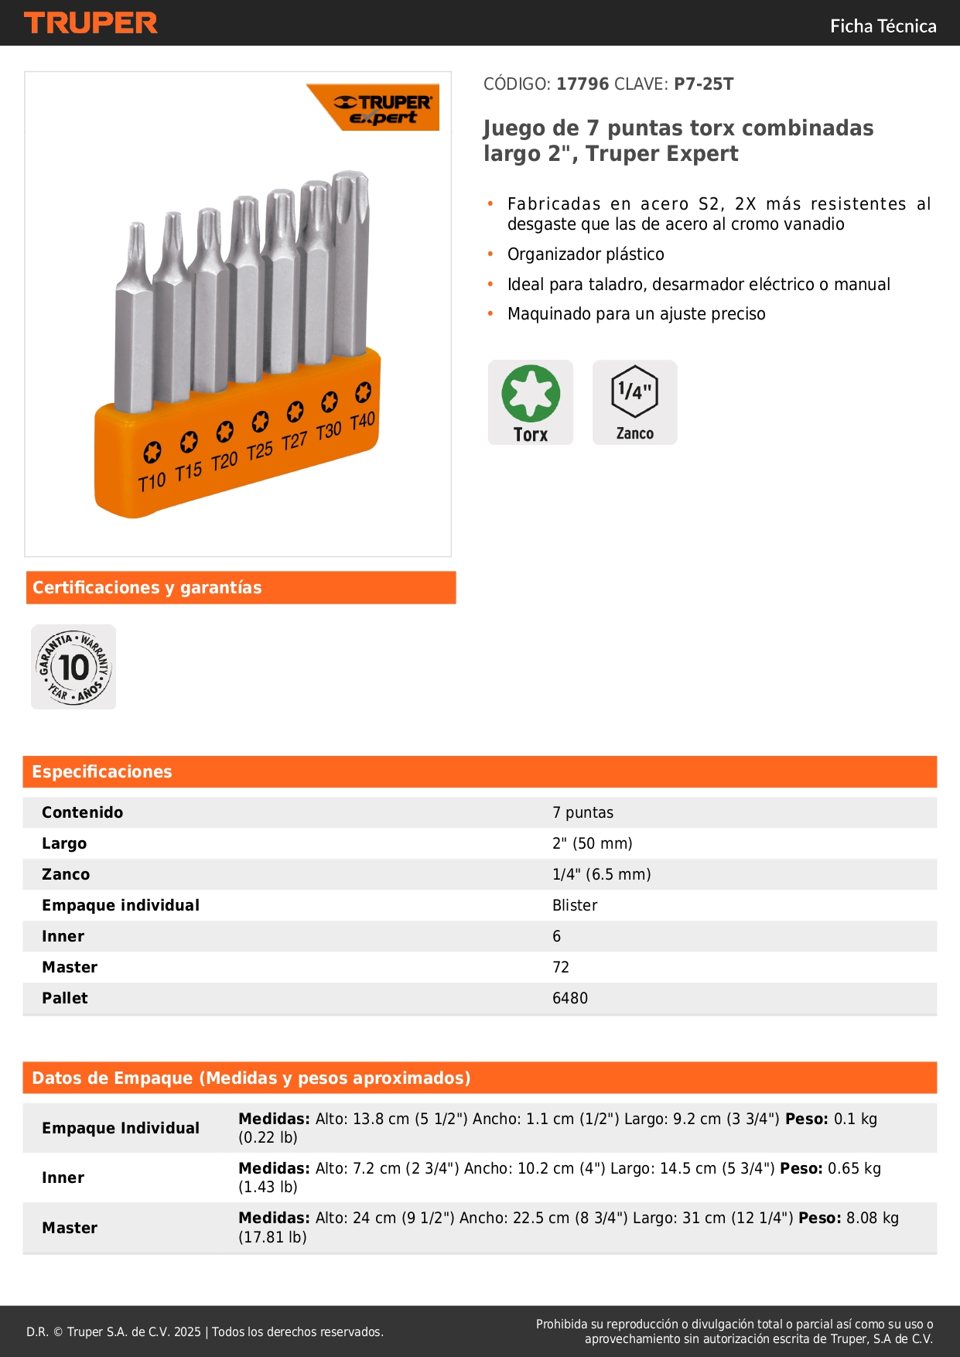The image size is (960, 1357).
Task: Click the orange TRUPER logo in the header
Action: [x=91, y=23]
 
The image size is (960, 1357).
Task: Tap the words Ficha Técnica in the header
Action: [x=883, y=26]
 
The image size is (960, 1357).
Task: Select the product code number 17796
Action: [x=582, y=84]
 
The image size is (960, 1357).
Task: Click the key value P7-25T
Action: [x=703, y=84]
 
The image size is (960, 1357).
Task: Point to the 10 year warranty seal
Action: [x=73, y=667]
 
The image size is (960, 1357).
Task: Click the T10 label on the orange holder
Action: [x=152, y=481]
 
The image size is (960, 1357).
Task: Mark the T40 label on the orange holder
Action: [x=362, y=422]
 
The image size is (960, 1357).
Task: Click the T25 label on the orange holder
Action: [x=260, y=450]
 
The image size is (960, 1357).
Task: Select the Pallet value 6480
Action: [x=570, y=998]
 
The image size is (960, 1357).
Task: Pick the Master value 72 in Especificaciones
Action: [x=561, y=967]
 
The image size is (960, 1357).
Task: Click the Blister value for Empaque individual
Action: [x=575, y=905]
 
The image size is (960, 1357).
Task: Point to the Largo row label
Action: [x=64, y=843]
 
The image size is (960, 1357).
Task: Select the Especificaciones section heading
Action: [x=102, y=771]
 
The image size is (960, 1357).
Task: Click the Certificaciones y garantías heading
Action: [x=147, y=587]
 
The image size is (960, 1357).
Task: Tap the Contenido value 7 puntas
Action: [x=582, y=812]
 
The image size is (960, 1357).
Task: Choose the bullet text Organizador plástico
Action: [x=586, y=255]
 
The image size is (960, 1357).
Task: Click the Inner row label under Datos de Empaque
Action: [x=63, y=1178]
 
